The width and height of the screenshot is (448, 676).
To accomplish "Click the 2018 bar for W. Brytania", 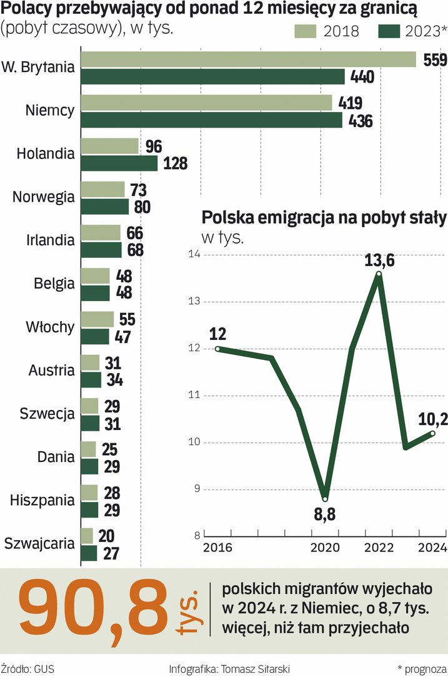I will point(249,59).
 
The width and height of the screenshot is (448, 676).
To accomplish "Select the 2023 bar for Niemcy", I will point(212,120).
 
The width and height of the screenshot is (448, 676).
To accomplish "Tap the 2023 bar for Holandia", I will point(119,163).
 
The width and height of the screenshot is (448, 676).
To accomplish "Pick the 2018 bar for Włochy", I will point(97,319).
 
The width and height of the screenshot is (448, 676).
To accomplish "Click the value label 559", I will point(435,60).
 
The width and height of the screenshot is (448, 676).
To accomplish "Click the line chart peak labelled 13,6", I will point(379,274).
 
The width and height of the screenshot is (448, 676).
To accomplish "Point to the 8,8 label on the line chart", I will point(326,517).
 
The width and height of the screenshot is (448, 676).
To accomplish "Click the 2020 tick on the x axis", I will point(324,546).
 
